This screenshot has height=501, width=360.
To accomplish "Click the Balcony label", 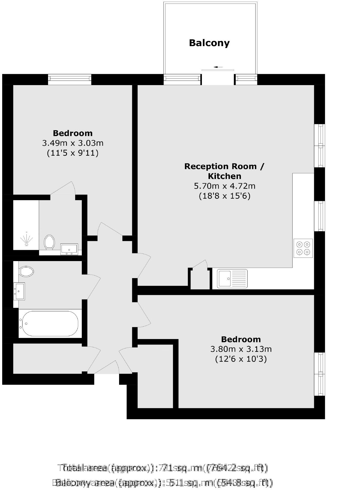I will point(209,43).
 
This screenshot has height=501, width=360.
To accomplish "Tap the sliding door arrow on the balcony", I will point(218,67).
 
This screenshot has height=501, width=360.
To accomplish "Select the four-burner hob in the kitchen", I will point(303,248).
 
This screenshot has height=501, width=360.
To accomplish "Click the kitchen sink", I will point(232,279).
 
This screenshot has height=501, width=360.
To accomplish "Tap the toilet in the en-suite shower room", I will point(49,242).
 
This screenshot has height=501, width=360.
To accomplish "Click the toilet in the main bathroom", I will point(26,272).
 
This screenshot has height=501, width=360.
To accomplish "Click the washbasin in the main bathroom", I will point(19,291).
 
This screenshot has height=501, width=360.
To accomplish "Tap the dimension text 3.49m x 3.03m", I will point(73,143).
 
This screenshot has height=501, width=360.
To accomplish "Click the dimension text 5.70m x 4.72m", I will point(225,186).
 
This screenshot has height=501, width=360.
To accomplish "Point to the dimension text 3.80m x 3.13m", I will point(241,349).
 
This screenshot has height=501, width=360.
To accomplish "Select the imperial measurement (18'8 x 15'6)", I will point(225,196).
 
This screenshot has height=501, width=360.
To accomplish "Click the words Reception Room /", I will point(224,166).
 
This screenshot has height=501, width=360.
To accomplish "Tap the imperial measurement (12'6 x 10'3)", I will point(241,359).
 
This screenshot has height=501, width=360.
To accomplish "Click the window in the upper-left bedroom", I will point(70,79).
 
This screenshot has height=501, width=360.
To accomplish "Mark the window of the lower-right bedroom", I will point(319,374).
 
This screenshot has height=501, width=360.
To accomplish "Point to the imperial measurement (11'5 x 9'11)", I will point(73,153).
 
